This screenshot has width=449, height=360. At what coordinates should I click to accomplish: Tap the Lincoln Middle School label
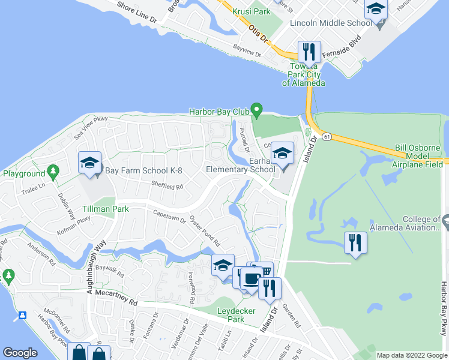[325, 23]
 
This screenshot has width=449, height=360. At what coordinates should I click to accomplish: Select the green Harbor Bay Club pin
[258, 110]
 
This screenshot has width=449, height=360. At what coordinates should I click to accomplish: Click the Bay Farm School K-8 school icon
[89, 162]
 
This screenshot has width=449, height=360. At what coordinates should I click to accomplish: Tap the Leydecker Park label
[236, 315]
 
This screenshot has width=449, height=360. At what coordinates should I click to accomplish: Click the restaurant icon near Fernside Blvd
[309, 52]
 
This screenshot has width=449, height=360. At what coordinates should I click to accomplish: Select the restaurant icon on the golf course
[356, 243]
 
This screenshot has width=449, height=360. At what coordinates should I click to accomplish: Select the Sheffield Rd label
[167, 186]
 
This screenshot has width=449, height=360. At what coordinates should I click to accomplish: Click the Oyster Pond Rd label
[205, 231]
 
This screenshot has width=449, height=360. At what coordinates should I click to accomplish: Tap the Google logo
[20, 353]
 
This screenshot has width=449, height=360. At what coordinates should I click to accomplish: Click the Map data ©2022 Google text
[412, 355]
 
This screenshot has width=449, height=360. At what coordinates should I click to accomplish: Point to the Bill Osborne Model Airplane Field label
[418, 156]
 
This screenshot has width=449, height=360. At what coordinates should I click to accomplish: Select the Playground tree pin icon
[53, 173]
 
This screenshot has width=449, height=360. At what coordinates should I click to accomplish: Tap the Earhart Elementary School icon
[282, 152]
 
